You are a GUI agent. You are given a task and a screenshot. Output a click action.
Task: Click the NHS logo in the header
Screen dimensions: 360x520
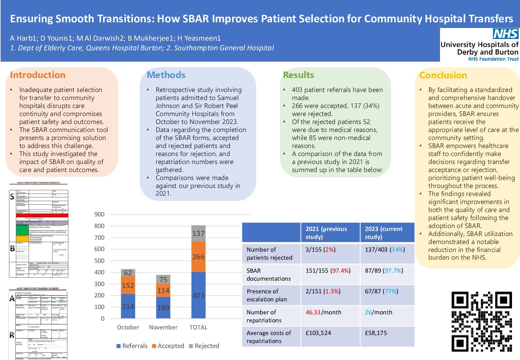point(505,34)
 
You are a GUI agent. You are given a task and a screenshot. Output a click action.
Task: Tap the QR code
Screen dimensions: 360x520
point(481,322)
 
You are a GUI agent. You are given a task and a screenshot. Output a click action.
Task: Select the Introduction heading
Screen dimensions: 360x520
point(38,75)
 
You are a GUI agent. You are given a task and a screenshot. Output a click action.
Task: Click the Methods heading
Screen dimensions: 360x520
point(166,75)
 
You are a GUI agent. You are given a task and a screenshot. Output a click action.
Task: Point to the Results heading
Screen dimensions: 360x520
point(298,75)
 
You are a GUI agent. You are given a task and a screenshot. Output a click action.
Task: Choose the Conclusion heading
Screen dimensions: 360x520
point(443,75)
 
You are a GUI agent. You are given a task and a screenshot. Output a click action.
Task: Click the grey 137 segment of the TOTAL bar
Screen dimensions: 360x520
point(198,233)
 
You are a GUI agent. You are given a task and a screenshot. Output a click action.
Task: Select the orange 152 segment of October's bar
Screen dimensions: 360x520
point(128,285)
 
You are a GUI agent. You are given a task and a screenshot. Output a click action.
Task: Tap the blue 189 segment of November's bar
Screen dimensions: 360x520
point(163,307)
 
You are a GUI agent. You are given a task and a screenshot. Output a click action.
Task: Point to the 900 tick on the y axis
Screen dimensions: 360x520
point(99,214)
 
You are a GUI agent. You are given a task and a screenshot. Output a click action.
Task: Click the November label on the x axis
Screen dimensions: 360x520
point(163,327)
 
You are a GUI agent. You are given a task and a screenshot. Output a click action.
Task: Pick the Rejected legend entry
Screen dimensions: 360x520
point(204,346)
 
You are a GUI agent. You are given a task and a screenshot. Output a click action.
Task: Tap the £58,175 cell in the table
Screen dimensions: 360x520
point(376,333)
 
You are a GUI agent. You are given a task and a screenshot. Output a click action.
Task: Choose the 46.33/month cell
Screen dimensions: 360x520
point(323,312)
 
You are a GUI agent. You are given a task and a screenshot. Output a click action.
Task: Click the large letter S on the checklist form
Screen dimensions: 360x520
point(12,197)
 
